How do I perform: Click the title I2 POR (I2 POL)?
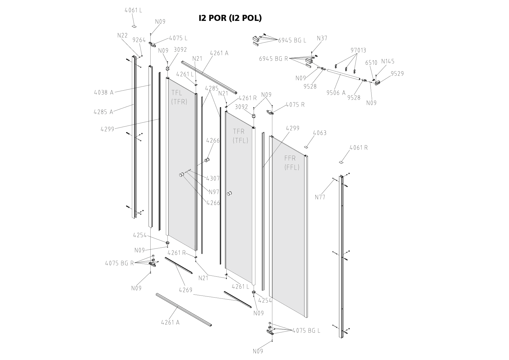(230, 18)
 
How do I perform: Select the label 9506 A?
(336, 93)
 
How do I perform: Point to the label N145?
(388, 61)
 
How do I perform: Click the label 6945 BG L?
(292, 40)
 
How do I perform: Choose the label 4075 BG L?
(306, 330)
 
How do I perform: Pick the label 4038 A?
(104, 93)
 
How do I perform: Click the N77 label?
(320, 197)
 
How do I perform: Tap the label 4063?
(320, 133)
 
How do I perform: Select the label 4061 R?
(358, 148)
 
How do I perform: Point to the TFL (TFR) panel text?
(179, 97)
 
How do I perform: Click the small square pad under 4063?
(305, 147)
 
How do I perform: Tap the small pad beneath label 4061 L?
(134, 26)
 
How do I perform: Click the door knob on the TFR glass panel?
(230, 194)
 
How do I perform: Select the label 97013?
(358, 50)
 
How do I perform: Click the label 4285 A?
(103, 112)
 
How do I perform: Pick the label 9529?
(397, 74)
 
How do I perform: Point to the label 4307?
(213, 179)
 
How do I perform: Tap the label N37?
(322, 38)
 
